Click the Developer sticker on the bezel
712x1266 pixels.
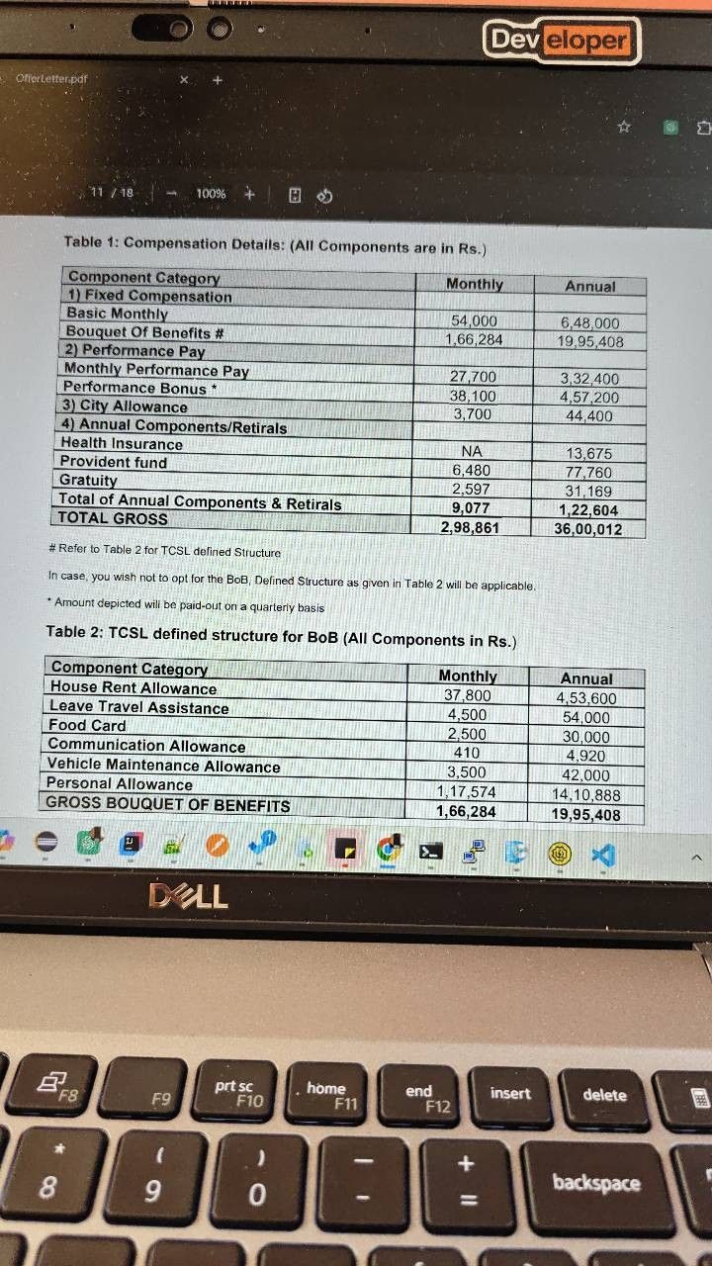point(561,40)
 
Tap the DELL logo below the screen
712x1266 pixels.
point(188,896)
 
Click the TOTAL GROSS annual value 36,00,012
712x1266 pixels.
point(588,528)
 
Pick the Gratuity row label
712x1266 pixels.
point(88,480)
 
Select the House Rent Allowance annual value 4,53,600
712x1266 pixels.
point(586,697)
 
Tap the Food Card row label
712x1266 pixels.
point(88,725)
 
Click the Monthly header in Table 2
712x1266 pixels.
point(468,677)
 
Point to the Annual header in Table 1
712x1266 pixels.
point(590,286)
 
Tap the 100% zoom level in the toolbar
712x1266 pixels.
point(210,194)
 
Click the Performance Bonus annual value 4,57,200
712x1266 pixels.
point(589,397)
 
